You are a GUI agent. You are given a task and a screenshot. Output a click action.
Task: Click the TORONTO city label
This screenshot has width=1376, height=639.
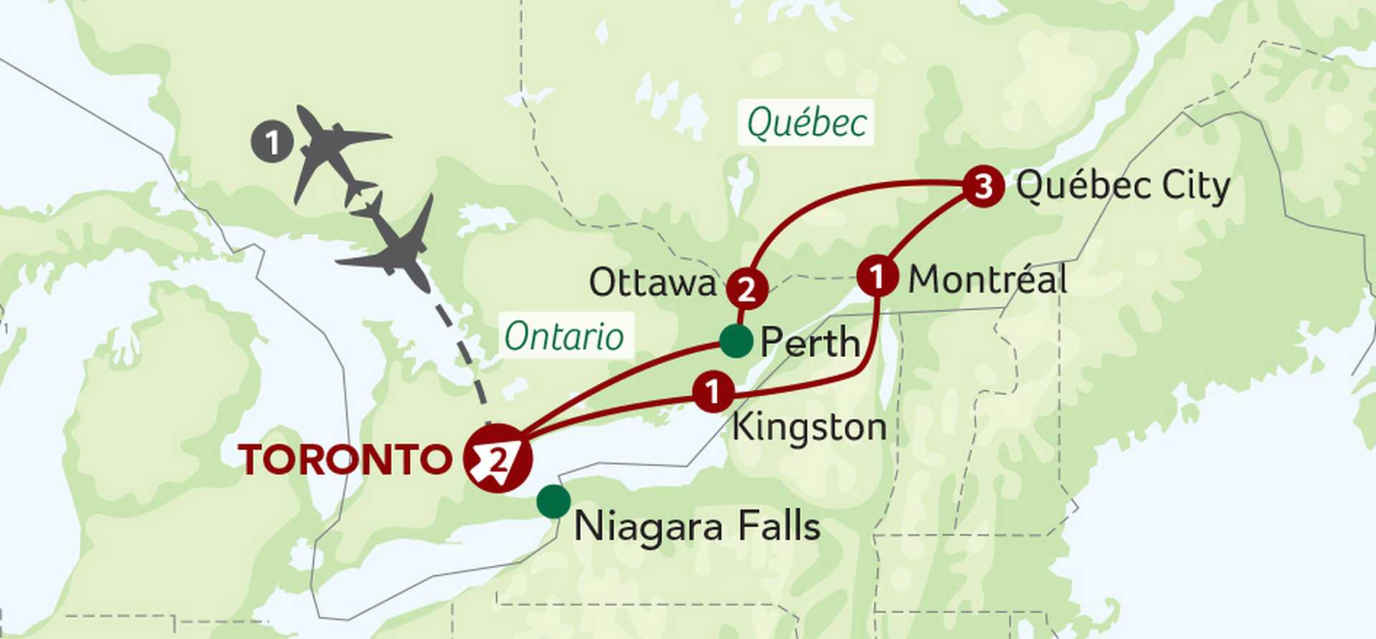tap(345, 460)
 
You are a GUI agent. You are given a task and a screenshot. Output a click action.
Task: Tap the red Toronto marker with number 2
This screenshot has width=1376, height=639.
tap(498, 458)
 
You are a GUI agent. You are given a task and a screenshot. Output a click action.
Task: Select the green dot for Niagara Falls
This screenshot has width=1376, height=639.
tap(553, 501)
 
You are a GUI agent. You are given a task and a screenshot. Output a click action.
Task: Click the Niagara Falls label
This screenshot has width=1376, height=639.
tap(697, 527)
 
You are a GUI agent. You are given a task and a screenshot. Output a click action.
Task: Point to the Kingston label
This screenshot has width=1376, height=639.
tap(809, 428)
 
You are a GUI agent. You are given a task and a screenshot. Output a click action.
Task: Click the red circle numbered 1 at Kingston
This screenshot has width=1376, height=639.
tap(713, 392)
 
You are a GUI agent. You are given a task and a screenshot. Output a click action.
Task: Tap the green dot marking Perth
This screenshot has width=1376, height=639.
tap(735, 341)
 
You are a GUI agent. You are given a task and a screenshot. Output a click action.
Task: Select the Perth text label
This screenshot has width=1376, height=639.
tap(810, 342)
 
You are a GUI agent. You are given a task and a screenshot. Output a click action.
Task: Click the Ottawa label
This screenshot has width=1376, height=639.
tap(652, 283)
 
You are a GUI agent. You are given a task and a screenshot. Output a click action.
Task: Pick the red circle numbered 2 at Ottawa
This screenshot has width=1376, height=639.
tap(747, 289)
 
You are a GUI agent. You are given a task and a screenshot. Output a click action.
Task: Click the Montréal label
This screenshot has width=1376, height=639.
tap(988, 279)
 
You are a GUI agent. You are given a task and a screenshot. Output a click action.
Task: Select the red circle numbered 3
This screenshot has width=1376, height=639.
tap(983, 186)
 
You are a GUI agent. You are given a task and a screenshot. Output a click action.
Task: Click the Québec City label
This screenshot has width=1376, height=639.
tap(1123, 186)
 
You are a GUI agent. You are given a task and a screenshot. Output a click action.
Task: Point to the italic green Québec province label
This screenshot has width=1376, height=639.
tap(807, 123)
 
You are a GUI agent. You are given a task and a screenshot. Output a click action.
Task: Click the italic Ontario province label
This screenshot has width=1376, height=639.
tap(564, 336)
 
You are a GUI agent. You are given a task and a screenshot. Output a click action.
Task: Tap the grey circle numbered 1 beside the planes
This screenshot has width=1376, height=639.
tap(272, 142)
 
